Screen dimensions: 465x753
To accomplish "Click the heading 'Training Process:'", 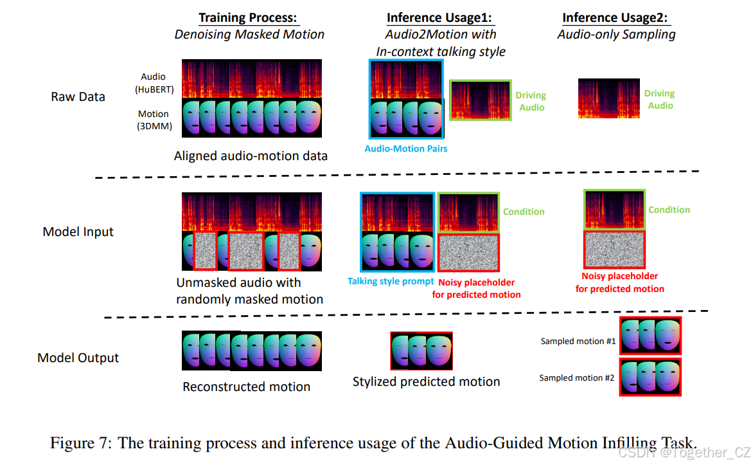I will (249, 18).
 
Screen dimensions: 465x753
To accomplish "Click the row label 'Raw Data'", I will (78, 97).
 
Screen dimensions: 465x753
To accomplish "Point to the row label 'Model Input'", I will (78, 232).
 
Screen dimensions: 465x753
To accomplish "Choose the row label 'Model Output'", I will (78, 358).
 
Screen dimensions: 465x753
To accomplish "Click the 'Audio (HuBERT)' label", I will (154, 82).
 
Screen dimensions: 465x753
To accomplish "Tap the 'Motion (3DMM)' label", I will (154, 120).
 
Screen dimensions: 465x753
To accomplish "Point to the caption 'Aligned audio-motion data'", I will (251, 156).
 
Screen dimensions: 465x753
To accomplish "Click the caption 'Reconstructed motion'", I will (247, 387).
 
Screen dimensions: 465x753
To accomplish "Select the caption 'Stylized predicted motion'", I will (427, 381).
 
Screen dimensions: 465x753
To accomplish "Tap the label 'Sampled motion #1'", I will (578, 341).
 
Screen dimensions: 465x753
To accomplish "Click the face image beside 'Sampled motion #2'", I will (650, 376).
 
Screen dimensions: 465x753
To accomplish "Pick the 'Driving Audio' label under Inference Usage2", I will (660, 100).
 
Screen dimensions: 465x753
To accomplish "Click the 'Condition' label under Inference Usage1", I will (524, 212).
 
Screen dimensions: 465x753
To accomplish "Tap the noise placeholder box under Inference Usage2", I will (614, 249).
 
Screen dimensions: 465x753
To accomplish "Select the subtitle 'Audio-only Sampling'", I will (616, 34).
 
